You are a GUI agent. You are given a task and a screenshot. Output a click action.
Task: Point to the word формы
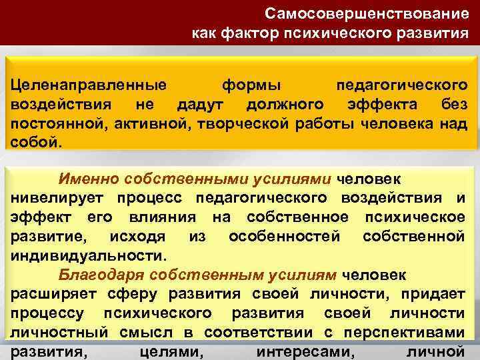[x=251, y=87]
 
